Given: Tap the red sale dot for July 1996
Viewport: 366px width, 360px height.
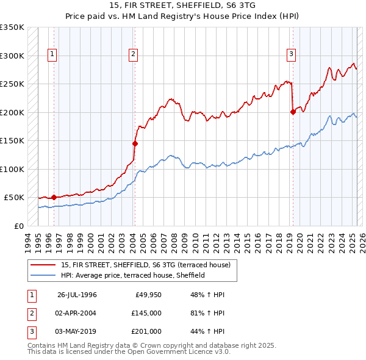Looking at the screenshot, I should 54,197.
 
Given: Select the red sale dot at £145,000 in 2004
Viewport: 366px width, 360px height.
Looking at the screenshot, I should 135,143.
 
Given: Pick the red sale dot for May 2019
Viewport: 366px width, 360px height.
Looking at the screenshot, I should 293,112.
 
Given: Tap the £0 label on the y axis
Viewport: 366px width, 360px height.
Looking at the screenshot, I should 18,226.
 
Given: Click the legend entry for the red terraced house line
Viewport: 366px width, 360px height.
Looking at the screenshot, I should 145,265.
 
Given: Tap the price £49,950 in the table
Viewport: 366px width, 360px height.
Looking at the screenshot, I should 148,295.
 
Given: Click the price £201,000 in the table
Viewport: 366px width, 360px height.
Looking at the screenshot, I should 146,331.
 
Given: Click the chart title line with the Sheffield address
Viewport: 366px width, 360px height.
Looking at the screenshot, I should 183,6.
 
